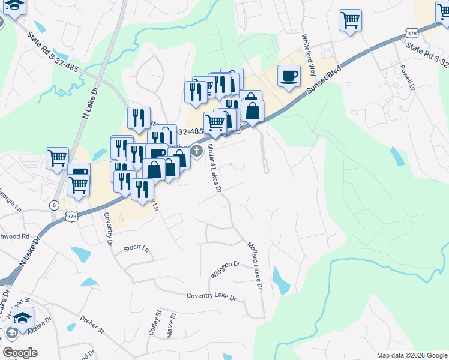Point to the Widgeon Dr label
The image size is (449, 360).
tap(225, 269)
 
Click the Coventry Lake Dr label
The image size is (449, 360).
tap(211, 296)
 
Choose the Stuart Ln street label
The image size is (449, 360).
tap(136, 247)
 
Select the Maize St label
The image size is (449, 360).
tap(172, 325)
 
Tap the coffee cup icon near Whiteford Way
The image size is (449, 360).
tap(289, 76)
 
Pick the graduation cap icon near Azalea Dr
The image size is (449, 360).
tap(22, 318)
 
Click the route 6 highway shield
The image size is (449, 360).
tap(54, 205)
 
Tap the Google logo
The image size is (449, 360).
tap(20, 353)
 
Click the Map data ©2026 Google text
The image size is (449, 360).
tap(411, 355)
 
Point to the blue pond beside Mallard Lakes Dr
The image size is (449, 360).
tap(280, 279)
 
